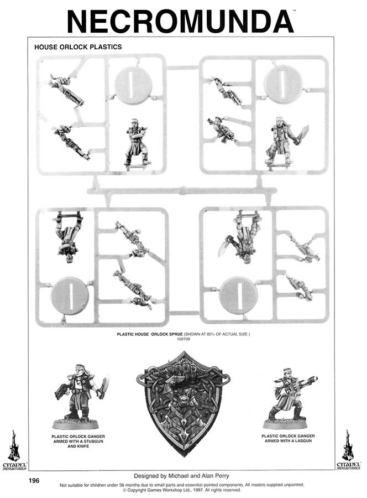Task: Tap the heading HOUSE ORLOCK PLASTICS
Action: pos(78,47)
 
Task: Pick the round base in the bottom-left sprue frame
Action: pos(70,295)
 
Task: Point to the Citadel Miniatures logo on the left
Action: pos(14,450)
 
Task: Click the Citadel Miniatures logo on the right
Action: pos(348,450)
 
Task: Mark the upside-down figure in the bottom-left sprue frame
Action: pos(69,237)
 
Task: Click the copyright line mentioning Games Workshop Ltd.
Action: pos(182,490)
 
